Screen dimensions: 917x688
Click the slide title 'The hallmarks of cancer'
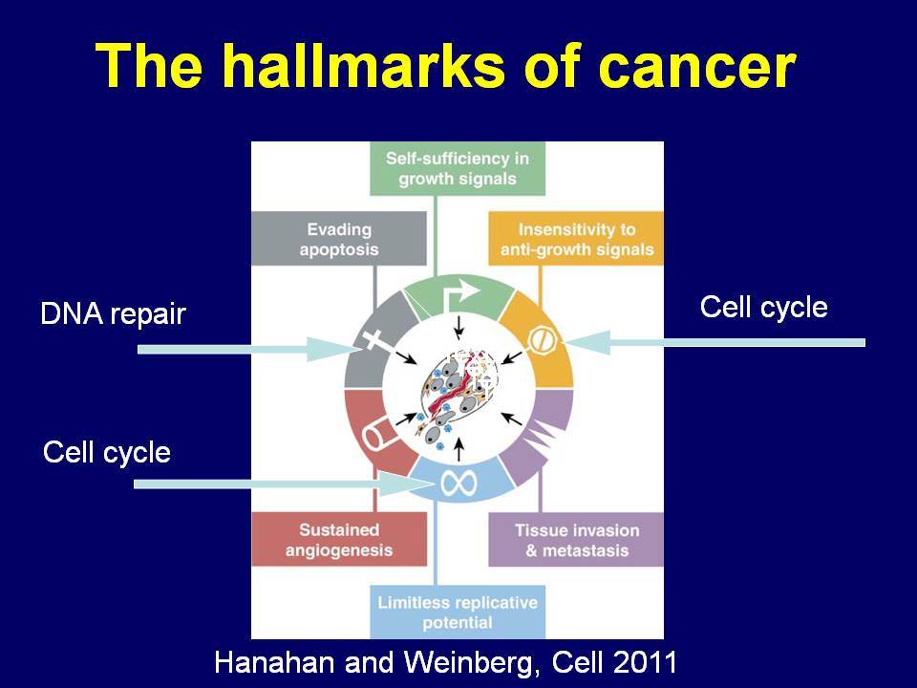[x=446, y=65]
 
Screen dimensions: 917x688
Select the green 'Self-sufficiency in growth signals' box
[x=458, y=168]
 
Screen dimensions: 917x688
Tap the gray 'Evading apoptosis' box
[x=338, y=239]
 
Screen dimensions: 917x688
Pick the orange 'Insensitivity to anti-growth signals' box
[x=576, y=239]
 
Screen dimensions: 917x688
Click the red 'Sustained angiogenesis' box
[x=339, y=539]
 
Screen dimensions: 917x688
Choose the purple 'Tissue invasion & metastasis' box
[x=576, y=539]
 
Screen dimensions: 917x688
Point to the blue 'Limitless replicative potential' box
[x=458, y=612]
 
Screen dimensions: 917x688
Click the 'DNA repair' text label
[x=113, y=314]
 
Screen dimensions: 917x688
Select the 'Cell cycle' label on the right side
[x=764, y=307]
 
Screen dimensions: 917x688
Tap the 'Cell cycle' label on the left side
[x=106, y=452]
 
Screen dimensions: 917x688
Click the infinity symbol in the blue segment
[x=459, y=484]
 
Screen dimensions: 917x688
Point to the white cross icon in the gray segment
[x=373, y=340]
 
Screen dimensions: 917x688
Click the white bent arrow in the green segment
[x=464, y=294]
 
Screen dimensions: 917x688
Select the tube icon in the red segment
[x=379, y=434]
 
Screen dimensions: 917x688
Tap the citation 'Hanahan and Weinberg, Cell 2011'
[x=446, y=662]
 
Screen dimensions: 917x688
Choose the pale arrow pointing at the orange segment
[x=714, y=342]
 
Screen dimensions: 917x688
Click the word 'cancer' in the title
[x=697, y=69]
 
